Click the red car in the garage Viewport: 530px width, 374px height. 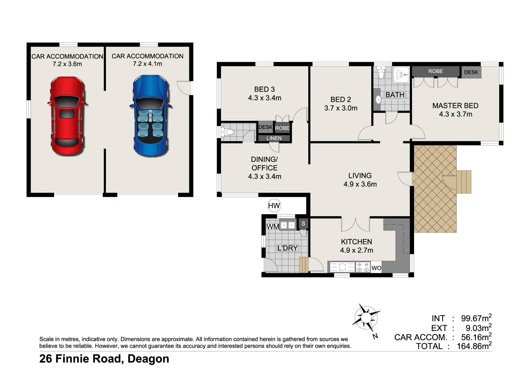67,116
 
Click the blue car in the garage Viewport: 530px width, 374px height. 150,116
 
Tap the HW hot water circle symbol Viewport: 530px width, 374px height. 274,205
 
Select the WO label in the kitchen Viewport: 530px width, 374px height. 377,268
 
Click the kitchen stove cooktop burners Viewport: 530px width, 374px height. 363,267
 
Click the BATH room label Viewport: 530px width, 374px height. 395,95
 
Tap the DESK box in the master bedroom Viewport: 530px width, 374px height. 471,72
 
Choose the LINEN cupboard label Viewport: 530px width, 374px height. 274,138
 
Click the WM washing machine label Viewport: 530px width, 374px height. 273,227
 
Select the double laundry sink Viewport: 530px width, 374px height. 288,225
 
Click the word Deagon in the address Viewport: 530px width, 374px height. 148,359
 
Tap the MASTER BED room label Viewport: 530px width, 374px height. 455,106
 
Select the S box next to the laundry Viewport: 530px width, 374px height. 303,223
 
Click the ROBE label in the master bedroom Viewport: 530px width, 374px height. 436,71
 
